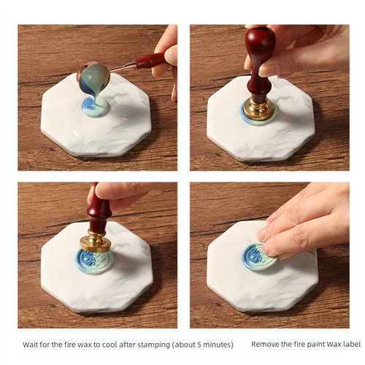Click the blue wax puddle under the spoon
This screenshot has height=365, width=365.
click(95, 107)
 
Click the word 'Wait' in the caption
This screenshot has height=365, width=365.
click(31, 343)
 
